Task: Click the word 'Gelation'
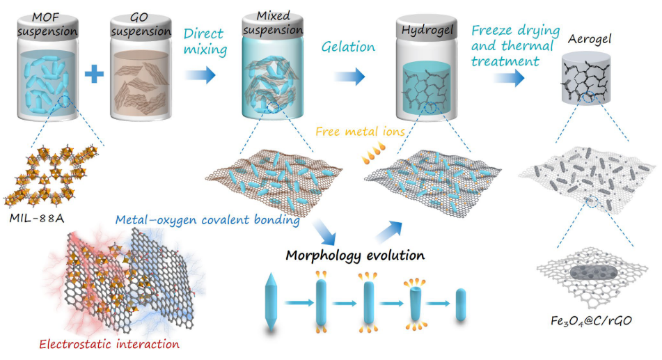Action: point(348,47)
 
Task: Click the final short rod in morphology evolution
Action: point(460,304)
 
